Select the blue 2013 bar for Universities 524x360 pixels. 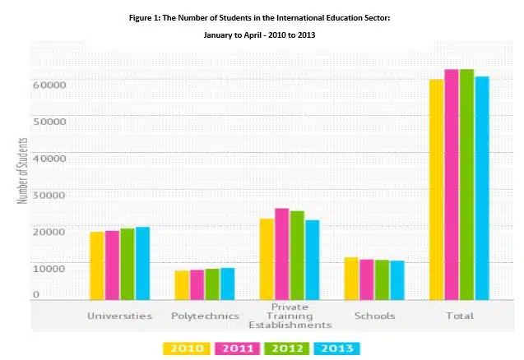click(x=142, y=263)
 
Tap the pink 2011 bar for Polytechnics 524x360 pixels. click(x=197, y=284)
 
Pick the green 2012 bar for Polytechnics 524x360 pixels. click(x=212, y=284)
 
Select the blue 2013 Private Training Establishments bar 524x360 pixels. click(x=312, y=259)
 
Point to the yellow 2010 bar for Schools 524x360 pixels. click(x=351, y=278)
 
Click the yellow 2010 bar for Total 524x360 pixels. click(x=436, y=189)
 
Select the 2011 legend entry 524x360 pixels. click(x=236, y=348)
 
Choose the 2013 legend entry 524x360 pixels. click(x=336, y=348)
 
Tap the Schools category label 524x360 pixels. click(x=374, y=316)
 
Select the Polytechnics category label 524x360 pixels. click(x=205, y=316)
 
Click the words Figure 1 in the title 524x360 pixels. click(x=147, y=17)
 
